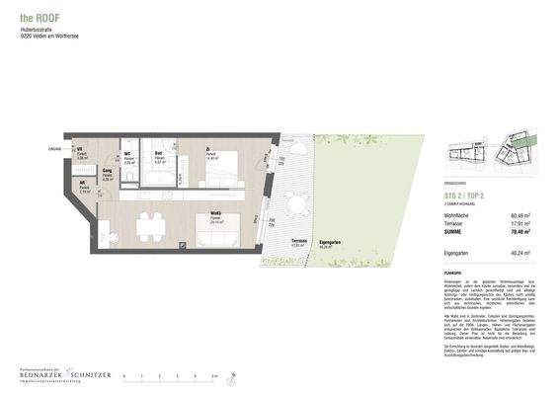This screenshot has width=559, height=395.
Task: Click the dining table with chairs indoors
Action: tap(149, 223)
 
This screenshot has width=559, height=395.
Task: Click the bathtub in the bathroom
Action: tap(159, 178)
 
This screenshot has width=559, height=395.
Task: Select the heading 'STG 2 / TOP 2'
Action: tap(466, 196)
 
